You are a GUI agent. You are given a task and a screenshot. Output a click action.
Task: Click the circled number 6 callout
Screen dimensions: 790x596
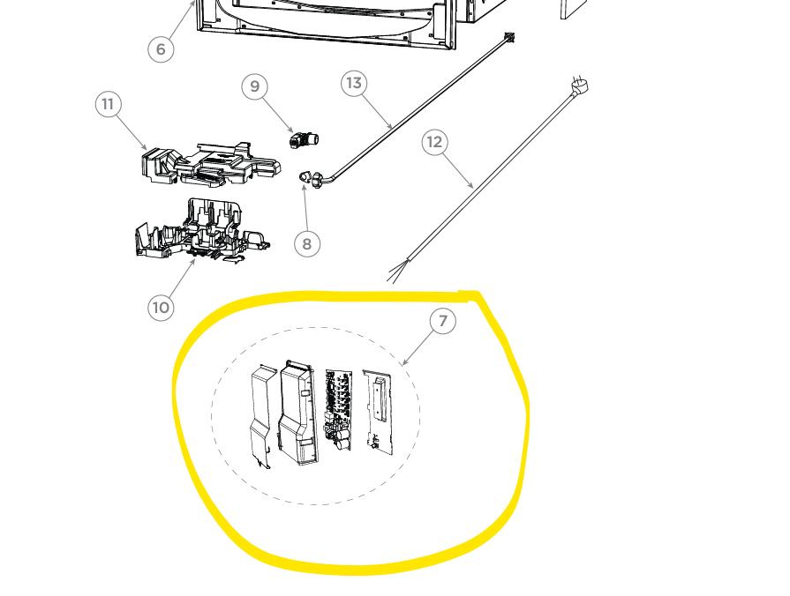point(161,49)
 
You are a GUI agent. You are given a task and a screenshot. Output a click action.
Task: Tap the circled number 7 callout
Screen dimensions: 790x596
point(443,321)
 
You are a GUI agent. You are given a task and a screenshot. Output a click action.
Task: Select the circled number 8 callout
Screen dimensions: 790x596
point(307,244)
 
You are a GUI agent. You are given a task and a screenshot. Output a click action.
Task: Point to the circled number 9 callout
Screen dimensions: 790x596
point(254,86)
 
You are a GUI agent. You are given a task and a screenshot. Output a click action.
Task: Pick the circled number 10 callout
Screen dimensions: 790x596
point(161,308)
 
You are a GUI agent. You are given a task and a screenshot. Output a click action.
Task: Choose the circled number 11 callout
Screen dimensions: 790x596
point(108,104)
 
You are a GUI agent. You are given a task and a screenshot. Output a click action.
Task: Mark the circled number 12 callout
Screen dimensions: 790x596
point(435,143)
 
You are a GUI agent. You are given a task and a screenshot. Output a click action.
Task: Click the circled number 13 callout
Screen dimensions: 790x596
point(354,83)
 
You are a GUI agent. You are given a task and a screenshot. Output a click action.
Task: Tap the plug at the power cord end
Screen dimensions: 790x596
point(580,86)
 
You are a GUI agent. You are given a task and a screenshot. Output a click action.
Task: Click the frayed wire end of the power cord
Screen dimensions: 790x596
point(397,271)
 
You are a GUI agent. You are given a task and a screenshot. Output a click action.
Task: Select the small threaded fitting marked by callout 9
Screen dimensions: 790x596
point(304,139)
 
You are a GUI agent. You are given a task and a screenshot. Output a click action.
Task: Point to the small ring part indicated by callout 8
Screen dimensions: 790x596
point(304,176)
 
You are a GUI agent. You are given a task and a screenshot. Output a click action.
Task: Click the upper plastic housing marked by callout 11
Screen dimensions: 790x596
point(211,164)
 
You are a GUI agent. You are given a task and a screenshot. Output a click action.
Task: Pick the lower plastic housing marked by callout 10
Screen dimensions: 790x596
point(201,229)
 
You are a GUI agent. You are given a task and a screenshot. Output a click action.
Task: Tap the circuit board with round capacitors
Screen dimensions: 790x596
point(337,410)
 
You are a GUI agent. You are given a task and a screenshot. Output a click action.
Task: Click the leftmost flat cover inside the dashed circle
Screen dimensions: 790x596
point(262,417)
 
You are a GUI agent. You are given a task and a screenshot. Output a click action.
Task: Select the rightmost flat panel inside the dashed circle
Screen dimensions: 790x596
point(378,413)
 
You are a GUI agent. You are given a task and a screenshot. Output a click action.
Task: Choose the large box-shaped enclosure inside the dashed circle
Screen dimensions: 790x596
point(298,413)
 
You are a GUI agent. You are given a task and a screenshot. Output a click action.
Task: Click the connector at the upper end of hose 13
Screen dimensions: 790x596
point(509,37)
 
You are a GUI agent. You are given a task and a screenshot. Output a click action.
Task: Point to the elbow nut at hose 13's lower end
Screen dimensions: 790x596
point(318,180)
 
